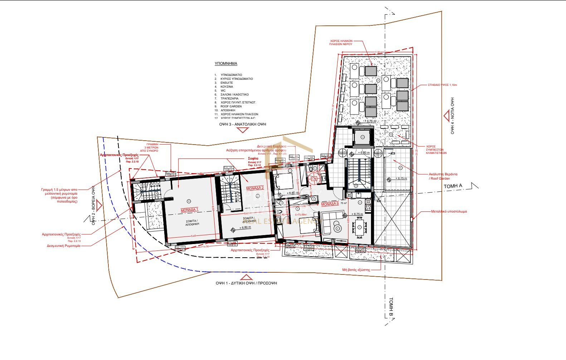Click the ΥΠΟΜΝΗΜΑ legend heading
tap(226, 64)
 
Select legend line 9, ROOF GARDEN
tap(231, 106)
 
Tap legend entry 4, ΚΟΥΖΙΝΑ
tap(227, 87)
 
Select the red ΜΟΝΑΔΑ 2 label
tap(255, 188)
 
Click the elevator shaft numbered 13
tap(362, 137)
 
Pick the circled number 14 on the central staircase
tap(356, 186)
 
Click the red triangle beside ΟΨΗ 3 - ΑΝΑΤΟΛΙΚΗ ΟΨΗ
tap(243, 130)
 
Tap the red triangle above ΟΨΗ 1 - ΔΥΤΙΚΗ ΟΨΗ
tap(246, 277)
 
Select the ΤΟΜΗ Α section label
tap(453, 186)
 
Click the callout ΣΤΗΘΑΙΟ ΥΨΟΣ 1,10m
tap(442, 85)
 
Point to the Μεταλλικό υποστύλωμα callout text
tap(449, 211)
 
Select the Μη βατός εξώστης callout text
tap(356, 270)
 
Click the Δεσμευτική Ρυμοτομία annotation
tap(64, 246)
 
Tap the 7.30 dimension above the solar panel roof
tap(377, 53)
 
